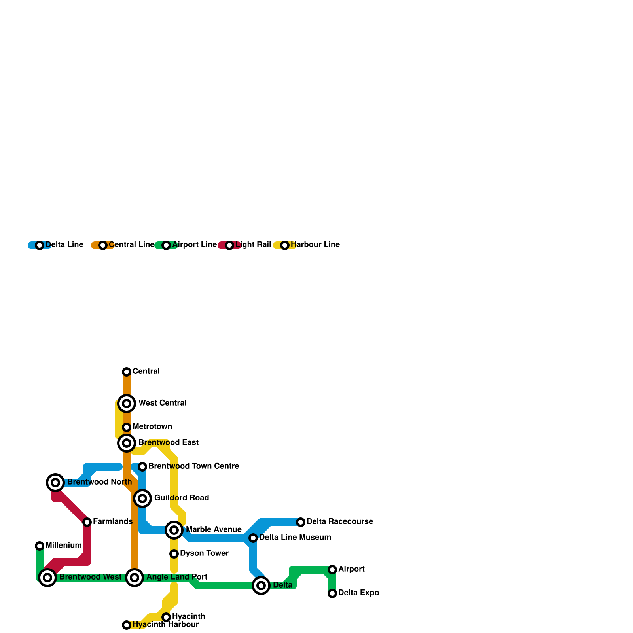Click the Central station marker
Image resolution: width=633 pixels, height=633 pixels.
click(x=127, y=371)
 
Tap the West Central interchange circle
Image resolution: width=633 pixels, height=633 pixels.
click(x=127, y=404)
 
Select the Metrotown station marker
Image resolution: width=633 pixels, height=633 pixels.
click(x=127, y=427)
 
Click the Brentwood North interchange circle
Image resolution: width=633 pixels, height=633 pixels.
click(x=55, y=483)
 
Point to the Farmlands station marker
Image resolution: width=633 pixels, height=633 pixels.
click(x=87, y=522)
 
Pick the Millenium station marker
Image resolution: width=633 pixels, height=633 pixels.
click(x=40, y=546)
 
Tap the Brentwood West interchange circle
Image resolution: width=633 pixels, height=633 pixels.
click(x=47, y=578)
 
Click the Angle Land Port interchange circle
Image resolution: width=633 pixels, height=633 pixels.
click(x=135, y=578)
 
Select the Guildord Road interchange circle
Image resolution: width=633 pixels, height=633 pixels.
click(x=142, y=498)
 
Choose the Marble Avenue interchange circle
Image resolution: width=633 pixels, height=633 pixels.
click(x=174, y=530)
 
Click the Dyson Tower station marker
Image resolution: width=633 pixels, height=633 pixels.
click(x=174, y=554)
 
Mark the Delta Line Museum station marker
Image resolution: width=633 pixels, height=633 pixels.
click(x=253, y=538)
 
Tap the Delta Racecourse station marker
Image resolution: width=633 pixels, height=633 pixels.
click(x=301, y=522)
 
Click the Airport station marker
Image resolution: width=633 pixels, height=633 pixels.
click(x=332, y=570)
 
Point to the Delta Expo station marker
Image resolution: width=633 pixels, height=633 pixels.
click(x=332, y=593)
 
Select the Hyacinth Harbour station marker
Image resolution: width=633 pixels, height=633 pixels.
click(x=127, y=625)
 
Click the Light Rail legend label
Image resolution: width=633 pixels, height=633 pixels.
click(x=253, y=245)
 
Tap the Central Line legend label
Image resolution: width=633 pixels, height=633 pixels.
click(x=131, y=245)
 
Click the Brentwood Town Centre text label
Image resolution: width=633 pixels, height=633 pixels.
click(x=193, y=466)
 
